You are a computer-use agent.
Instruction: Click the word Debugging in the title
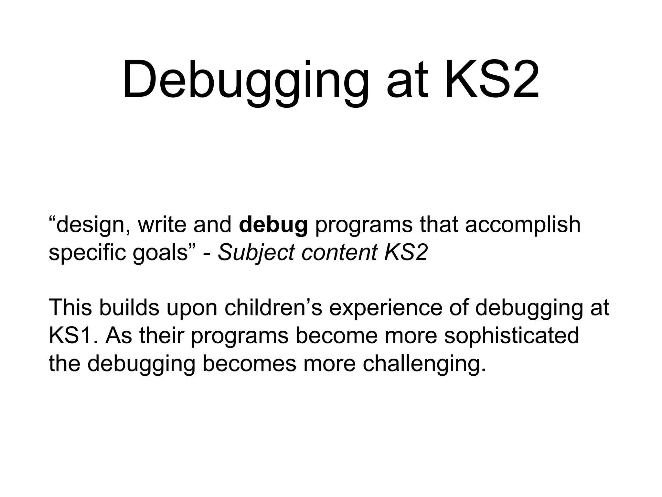[x=246, y=81]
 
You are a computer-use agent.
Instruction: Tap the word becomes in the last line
[x=249, y=364]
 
